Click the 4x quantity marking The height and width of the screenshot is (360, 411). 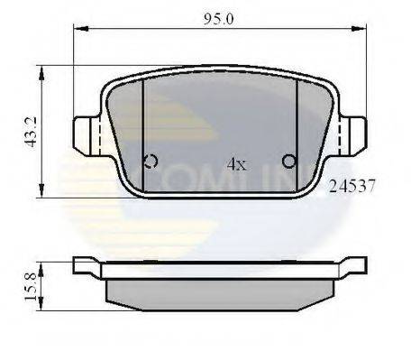click(235, 164)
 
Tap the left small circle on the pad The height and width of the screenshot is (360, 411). click(151, 162)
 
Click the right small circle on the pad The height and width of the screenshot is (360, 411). click(290, 162)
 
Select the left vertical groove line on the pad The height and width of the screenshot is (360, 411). click(143, 126)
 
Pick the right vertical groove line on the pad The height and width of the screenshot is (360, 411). click(297, 126)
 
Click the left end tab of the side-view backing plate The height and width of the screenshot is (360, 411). click(85, 264)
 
